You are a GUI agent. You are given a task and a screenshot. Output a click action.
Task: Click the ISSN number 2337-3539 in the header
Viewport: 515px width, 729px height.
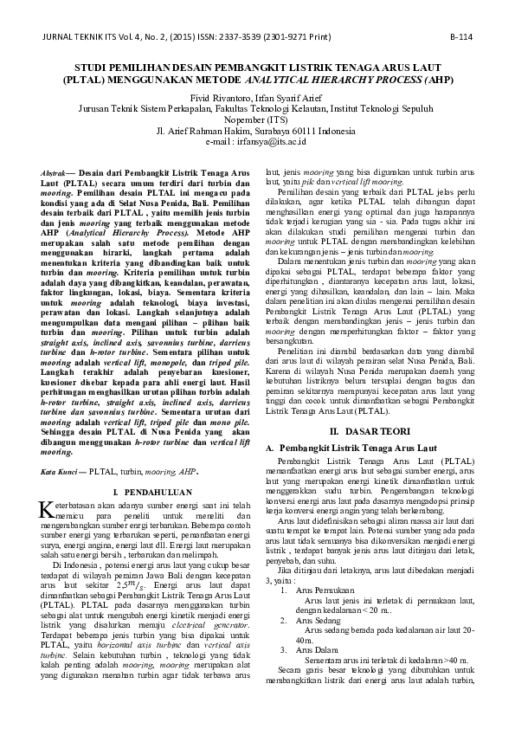pos(234,39)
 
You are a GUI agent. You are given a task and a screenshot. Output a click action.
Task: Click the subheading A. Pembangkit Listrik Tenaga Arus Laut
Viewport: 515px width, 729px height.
pos(344,446)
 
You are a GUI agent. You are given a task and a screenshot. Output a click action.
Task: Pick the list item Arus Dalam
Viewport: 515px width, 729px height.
pos(318,649)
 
